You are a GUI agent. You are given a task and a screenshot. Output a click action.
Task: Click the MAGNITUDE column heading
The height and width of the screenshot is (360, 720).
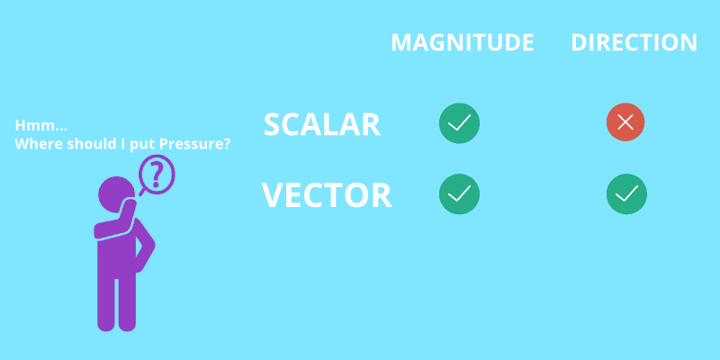(x=462, y=42)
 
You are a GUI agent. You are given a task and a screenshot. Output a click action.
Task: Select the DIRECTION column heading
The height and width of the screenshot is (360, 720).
(x=634, y=42)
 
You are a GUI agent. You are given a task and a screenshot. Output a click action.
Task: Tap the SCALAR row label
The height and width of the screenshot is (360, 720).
(x=321, y=125)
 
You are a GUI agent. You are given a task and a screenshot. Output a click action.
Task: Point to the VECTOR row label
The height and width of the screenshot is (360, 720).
(x=326, y=195)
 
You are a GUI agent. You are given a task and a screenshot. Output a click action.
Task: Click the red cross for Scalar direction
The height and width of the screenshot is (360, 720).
(x=625, y=122)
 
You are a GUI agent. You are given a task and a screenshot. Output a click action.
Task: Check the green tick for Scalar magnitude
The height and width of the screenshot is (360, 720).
(x=459, y=123)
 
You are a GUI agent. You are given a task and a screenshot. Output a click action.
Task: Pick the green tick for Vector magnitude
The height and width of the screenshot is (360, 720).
(x=459, y=193)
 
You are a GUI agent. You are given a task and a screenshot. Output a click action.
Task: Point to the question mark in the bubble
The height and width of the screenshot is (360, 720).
(x=157, y=173)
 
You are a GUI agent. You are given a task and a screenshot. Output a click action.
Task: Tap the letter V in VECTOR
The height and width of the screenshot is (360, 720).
(x=274, y=195)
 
